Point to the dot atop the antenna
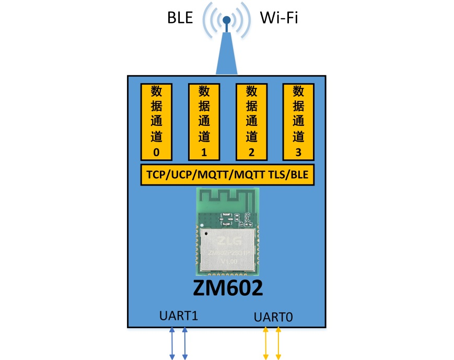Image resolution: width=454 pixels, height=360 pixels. pos(227,20)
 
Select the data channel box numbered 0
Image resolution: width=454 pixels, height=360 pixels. pos(156,121)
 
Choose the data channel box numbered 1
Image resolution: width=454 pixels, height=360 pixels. pos(204,121)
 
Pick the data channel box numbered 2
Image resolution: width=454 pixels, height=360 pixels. pos(251,121)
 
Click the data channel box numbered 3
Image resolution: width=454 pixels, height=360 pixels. pos(298,121)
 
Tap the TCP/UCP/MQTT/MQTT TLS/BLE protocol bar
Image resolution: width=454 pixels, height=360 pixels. pos(227,175)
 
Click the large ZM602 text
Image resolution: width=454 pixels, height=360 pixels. pos(228,288)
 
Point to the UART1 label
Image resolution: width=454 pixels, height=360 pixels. pos(179,316)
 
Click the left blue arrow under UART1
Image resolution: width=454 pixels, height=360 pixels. pos(172,343)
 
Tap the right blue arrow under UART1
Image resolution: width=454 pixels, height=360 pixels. pos(185,343)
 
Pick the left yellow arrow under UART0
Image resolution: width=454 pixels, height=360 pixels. pos(266,343)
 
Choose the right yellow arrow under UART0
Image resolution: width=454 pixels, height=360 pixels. pos(278,343)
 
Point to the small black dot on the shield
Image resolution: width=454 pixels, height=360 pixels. pos(207,233)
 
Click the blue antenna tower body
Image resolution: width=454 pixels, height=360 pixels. pos(227,57)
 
